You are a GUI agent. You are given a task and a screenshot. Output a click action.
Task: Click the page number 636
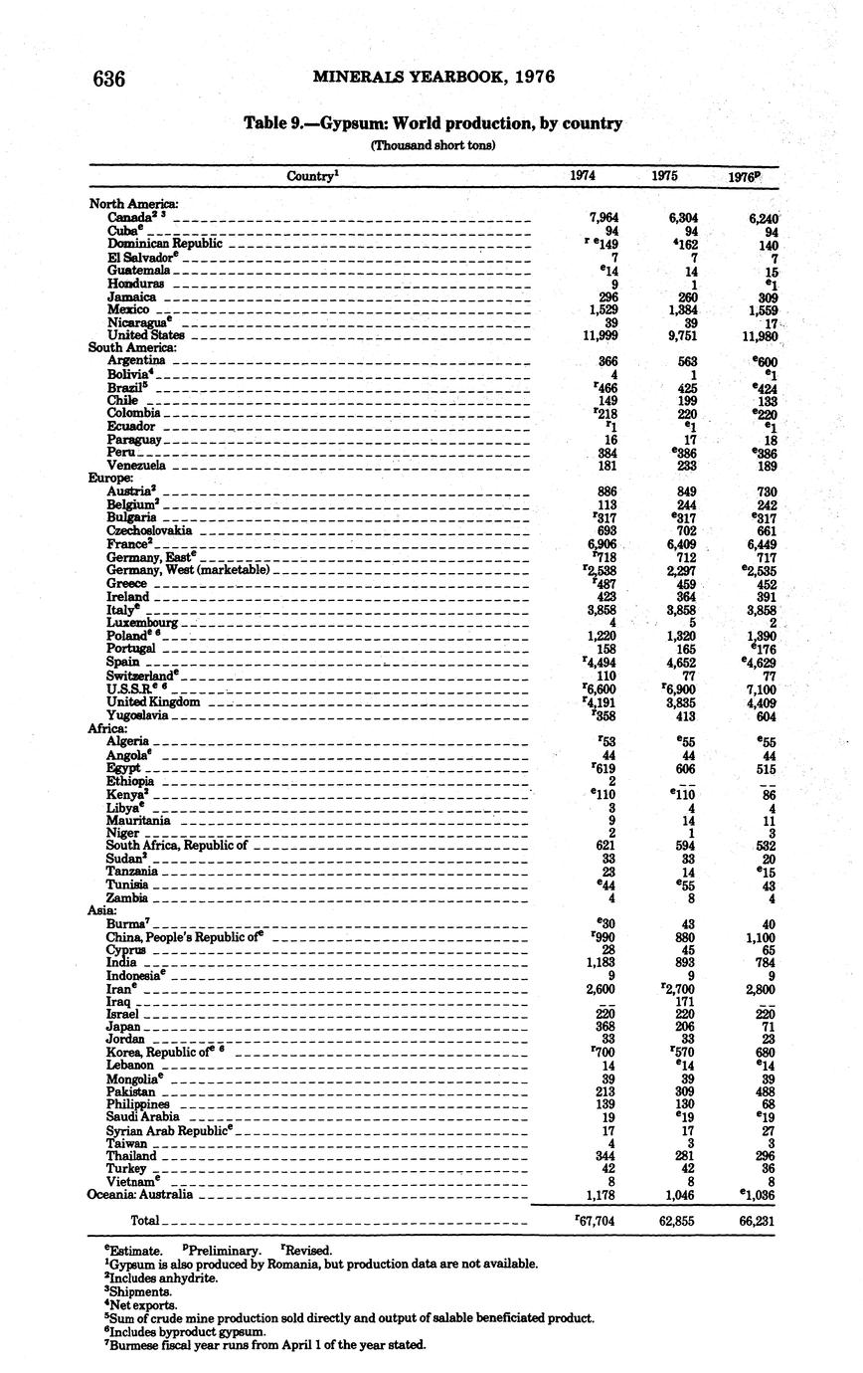(108, 78)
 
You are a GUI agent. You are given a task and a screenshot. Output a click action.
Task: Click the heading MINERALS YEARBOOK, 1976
(433, 77)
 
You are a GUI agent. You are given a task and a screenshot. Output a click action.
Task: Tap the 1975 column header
(665, 176)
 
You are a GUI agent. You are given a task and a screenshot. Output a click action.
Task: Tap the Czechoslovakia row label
(149, 530)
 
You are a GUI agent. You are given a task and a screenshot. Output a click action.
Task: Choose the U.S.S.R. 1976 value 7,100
(759, 688)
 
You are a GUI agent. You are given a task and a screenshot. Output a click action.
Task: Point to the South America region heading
(132, 348)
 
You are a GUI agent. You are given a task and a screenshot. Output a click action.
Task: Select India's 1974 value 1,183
(600, 962)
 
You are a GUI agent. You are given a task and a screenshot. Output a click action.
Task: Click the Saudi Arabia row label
(141, 1117)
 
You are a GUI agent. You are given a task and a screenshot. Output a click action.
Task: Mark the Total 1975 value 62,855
(676, 1221)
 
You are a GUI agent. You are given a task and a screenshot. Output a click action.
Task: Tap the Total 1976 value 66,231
(756, 1221)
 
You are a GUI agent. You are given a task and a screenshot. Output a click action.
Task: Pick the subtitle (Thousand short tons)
(432, 145)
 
